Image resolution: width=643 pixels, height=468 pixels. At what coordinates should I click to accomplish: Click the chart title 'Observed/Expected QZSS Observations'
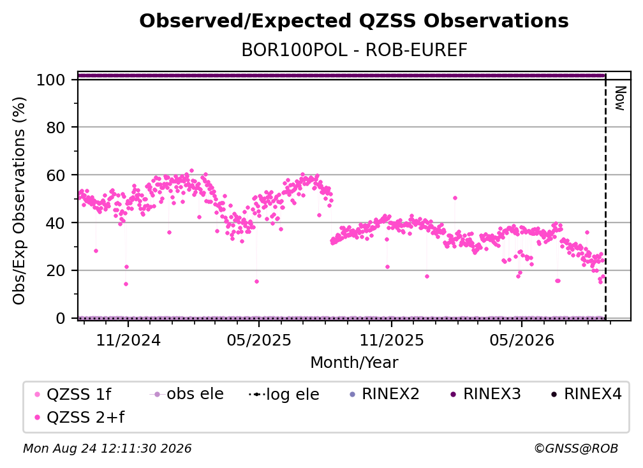point(354,21)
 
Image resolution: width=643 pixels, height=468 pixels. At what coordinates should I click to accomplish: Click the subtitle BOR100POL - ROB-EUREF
point(354,50)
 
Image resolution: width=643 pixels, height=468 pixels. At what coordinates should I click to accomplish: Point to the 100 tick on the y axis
point(51,80)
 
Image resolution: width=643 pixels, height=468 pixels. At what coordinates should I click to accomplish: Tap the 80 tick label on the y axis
point(55,128)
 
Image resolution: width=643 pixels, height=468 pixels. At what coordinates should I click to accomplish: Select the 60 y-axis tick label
point(55,175)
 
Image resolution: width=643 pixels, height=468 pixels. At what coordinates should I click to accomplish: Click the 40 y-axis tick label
point(55,223)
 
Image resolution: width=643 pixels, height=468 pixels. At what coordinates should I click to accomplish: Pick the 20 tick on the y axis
point(55,271)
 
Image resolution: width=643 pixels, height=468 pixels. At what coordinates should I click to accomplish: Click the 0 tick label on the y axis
point(61,318)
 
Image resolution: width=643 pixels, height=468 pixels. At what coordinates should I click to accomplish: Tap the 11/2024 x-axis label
point(128,340)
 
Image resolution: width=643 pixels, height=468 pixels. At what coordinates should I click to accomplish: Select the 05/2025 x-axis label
point(259,340)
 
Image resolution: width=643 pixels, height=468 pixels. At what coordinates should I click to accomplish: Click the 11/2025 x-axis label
point(392,340)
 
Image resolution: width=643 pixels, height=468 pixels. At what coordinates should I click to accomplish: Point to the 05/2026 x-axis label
point(522,340)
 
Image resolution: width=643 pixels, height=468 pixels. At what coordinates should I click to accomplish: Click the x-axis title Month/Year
point(354,363)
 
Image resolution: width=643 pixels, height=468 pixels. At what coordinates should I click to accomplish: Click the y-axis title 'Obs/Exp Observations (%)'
point(19,201)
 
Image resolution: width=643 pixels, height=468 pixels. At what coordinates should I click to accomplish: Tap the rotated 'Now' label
point(620,98)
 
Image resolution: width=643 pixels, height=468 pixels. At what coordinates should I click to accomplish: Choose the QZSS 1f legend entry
point(74,395)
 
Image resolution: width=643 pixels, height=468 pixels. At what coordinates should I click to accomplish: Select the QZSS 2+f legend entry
point(80,418)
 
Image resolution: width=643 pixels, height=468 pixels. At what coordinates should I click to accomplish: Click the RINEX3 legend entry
point(485,394)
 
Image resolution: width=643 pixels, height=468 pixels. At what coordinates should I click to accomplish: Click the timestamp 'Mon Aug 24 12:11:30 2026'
point(107,449)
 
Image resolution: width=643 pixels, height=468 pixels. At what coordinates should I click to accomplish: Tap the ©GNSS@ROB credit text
point(576,449)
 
